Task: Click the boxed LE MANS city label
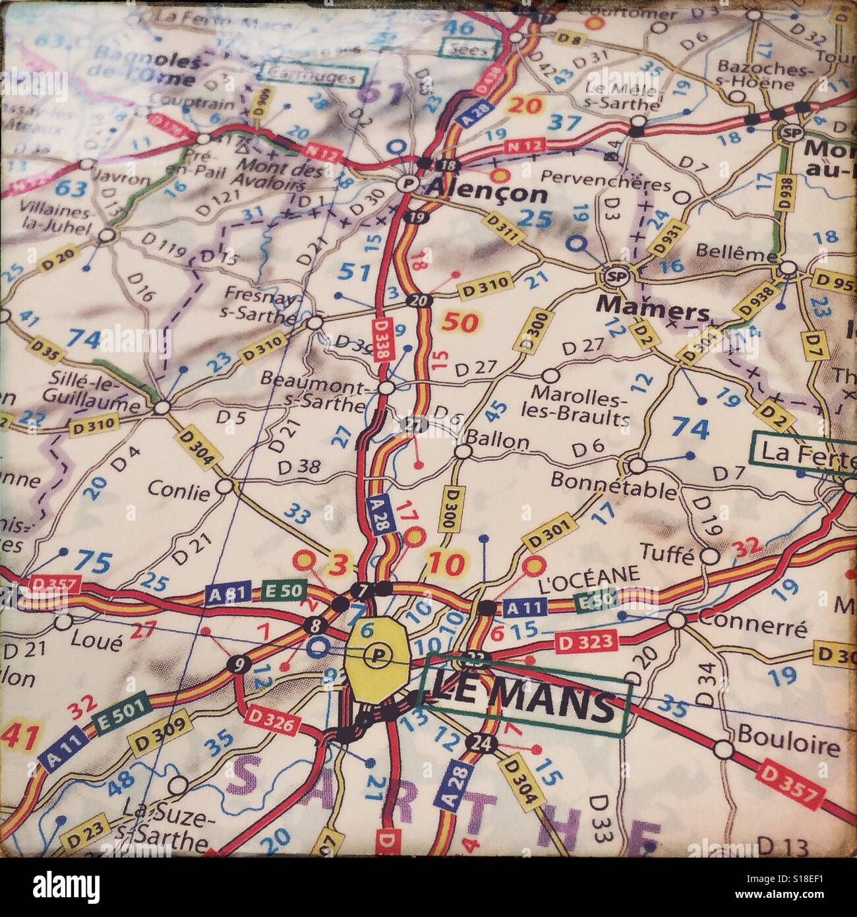pos(525,704)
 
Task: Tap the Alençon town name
pos(487,194)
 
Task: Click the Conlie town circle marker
pos(225,486)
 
